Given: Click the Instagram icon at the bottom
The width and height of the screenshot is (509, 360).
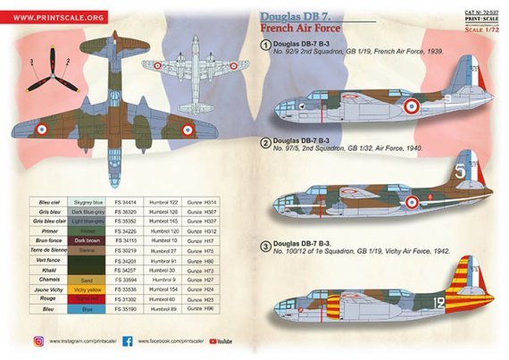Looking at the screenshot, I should coord(38,340).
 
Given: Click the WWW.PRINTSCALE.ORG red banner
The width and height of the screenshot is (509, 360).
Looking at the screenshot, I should coord(60,16).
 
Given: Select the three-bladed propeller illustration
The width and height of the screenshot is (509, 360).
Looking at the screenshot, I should coord(43,77).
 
